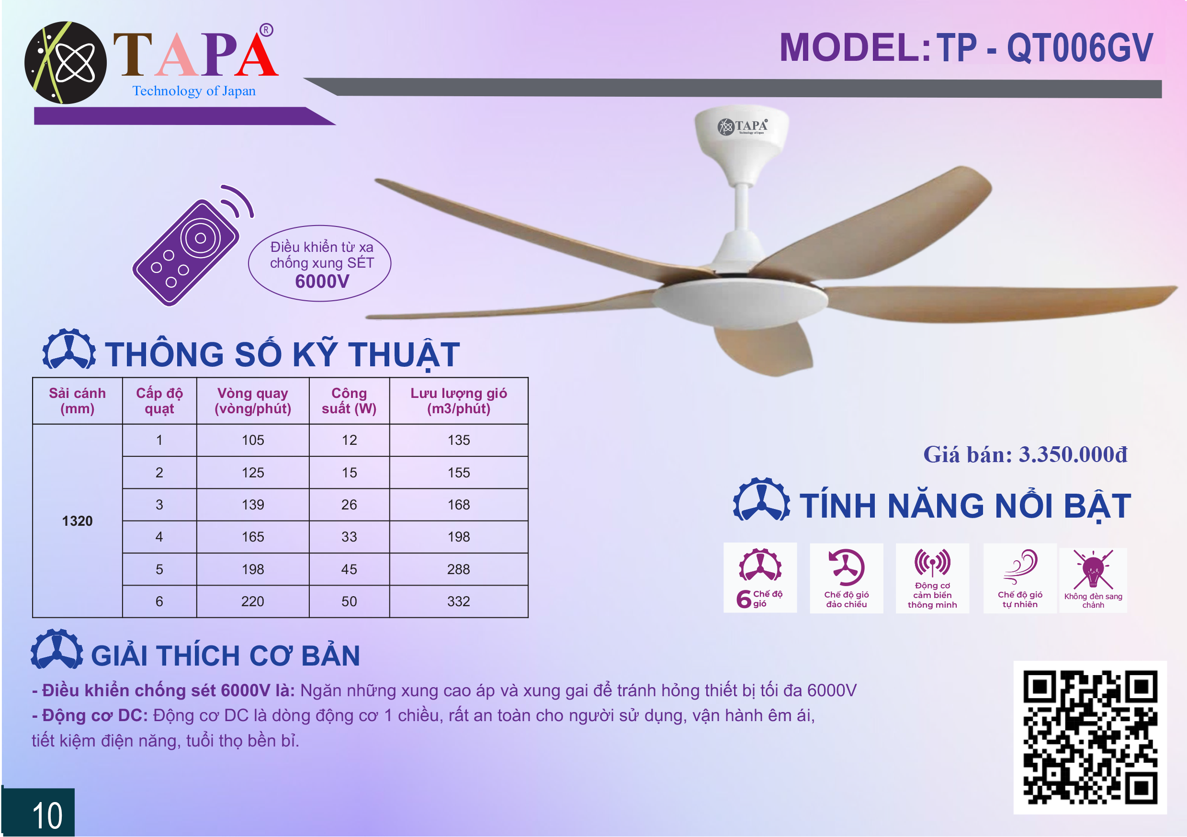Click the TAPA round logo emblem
click(x=65, y=63)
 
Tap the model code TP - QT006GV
click(x=1045, y=47)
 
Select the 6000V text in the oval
click(x=322, y=282)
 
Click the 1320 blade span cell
click(x=77, y=520)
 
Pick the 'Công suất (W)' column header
click(x=349, y=401)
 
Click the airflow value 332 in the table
click(x=459, y=601)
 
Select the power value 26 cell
click(x=349, y=505)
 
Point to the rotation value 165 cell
click(x=253, y=537)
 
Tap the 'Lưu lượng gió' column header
click(x=459, y=393)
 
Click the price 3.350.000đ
click(x=1073, y=454)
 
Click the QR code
click(x=1090, y=737)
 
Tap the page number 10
click(x=47, y=816)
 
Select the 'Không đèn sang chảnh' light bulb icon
click(x=1093, y=570)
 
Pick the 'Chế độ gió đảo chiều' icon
click(x=846, y=567)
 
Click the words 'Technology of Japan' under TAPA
click(x=194, y=91)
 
